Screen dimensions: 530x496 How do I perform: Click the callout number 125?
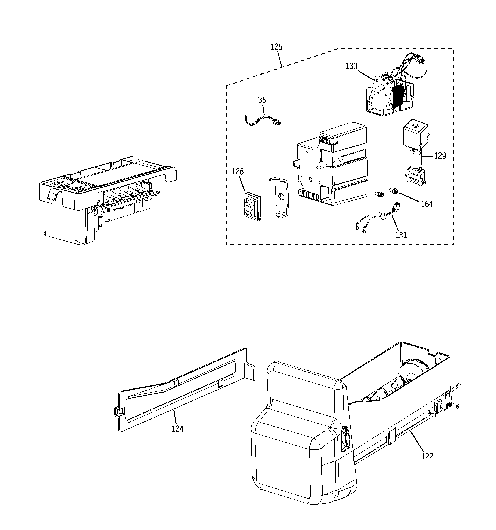coord(276,47)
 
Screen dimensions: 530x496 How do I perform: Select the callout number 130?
coord(351,66)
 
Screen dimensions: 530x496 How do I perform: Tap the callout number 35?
coord(262,100)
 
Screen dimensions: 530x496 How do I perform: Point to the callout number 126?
coord(238,172)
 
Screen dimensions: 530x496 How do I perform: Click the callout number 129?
coord(440,156)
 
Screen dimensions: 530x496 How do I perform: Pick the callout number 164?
coord(427,204)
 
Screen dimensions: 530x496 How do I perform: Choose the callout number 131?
coord(401,235)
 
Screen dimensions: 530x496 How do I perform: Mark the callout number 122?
coord(427,456)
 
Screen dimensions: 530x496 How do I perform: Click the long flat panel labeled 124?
coord(181,392)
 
